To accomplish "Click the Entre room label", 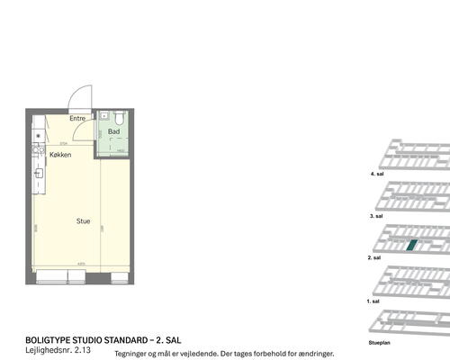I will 77,119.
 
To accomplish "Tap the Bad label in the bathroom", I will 113,132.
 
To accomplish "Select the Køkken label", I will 60,155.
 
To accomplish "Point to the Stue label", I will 83,220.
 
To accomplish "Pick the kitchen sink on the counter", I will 40,171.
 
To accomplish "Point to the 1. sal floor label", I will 374,301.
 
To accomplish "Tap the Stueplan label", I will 380,343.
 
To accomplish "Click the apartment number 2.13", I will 85,349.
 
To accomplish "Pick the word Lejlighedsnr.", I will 49,349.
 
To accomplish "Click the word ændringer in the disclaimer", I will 314,355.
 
